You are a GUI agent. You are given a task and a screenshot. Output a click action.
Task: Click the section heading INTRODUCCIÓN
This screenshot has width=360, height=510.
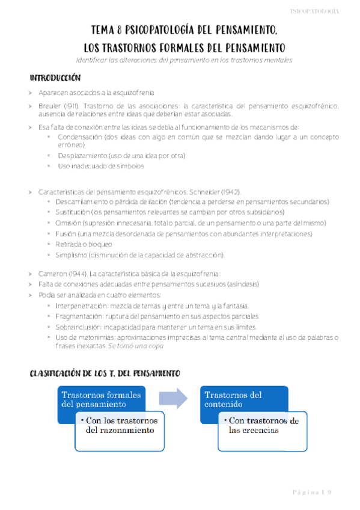click(55, 79)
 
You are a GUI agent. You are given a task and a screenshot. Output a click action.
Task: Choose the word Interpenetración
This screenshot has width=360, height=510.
click(81, 306)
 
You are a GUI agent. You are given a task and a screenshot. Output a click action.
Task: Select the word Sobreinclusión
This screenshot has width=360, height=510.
click(79, 327)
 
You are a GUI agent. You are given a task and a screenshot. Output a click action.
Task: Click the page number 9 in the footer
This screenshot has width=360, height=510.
click(329, 492)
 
